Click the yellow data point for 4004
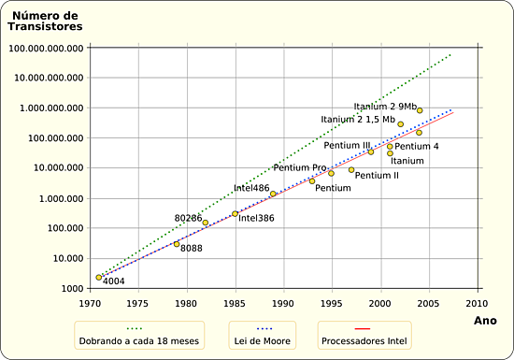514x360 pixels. coord(99,277)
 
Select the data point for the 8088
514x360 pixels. coord(177,244)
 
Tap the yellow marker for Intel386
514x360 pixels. coord(235,214)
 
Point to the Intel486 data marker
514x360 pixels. coord(273,194)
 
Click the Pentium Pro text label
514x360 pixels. coord(299,167)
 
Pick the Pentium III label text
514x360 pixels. coord(347,145)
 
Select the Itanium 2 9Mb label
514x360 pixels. coord(385,106)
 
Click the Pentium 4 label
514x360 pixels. coord(417,146)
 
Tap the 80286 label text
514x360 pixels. coord(189,218)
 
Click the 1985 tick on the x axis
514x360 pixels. coord(235,304)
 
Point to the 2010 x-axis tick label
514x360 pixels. coord(477,304)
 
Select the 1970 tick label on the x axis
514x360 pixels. coord(90,304)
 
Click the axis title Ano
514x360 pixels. coord(486,321)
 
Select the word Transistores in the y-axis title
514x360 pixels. coord(41,26)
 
